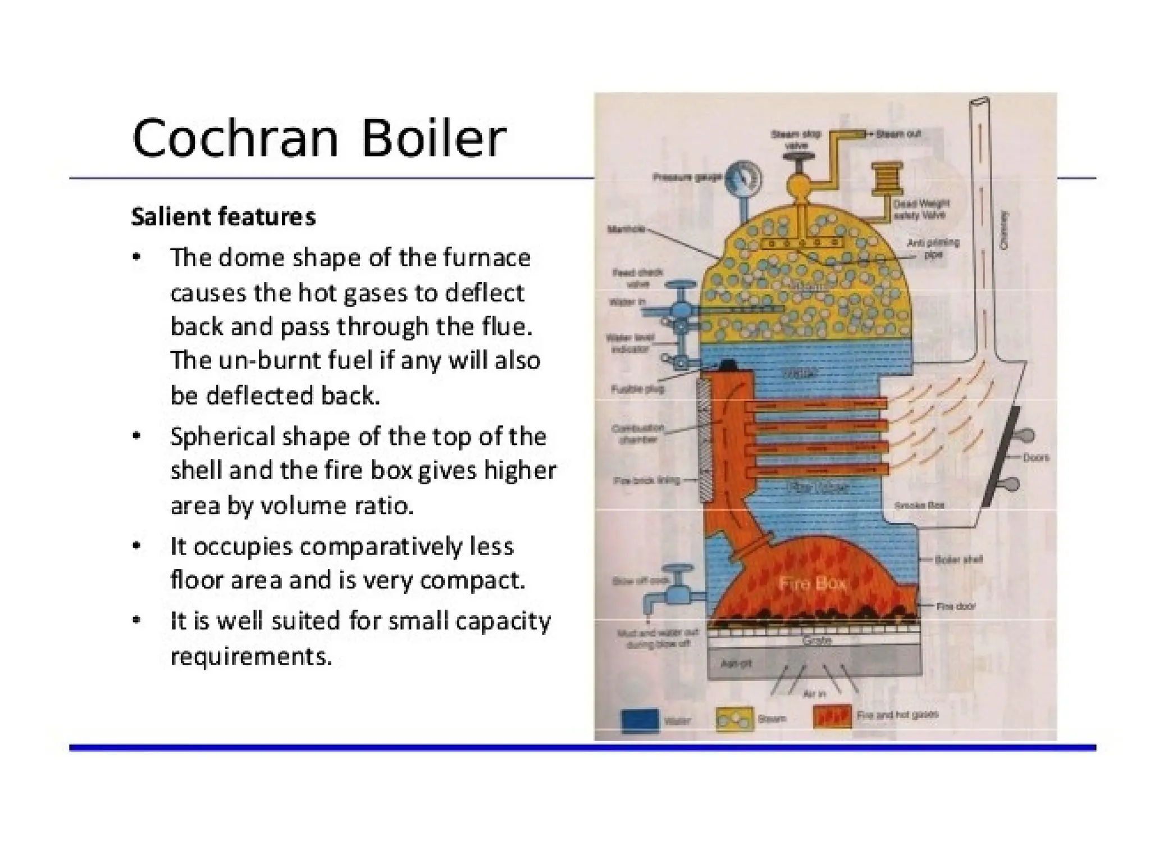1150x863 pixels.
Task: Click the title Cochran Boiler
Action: tap(319, 138)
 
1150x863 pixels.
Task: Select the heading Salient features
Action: tap(223, 217)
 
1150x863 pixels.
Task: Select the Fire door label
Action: tap(955, 606)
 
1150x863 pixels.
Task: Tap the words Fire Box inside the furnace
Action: tap(813, 584)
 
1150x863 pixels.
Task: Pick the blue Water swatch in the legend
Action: tap(640, 720)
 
